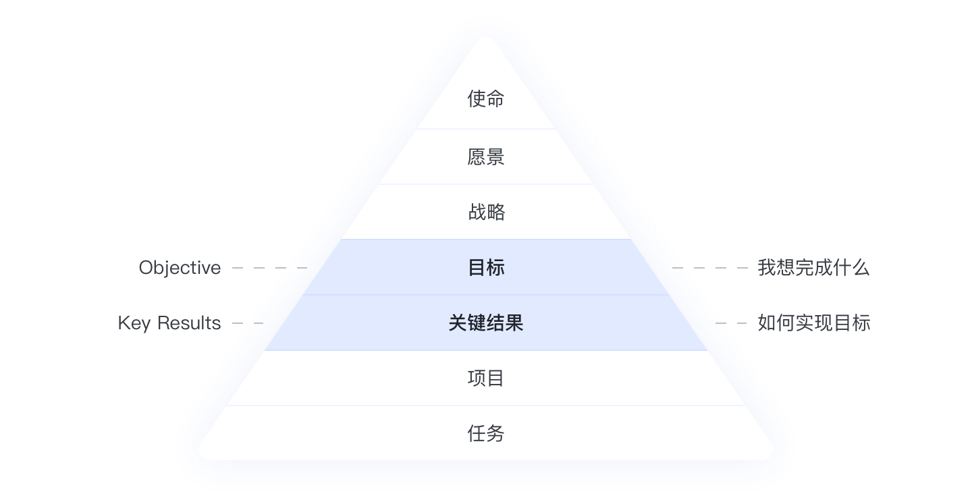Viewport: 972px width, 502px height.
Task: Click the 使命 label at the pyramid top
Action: [x=485, y=99]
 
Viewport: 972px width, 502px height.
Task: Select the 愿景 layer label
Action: [x=485, y=157]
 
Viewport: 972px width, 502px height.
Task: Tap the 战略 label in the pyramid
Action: [x=487, y=212]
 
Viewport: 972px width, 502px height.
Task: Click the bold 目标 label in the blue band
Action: [x=486, y=267]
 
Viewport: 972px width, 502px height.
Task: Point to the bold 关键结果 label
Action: [x=485, y=323]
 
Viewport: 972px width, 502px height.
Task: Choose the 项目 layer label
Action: [x=485, y=378]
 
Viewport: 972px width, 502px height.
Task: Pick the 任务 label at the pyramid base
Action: [x=485, y=433]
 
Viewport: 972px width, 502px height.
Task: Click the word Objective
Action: [x=180, y=268]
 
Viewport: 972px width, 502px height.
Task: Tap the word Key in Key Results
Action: [x=134, y=323]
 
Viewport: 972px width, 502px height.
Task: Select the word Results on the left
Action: [x=189, y=323]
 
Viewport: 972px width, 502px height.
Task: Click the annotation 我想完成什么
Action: [x=813, y=267]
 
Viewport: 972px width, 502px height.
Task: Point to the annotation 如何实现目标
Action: [x=814, y=323]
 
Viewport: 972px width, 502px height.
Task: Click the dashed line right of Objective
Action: [x=269, y=268]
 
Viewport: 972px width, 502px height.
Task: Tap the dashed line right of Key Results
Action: [x=248, y=323]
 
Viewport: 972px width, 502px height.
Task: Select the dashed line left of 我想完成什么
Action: [x=710, y=268]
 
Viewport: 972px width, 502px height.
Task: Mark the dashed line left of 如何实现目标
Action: [x=731, y=323]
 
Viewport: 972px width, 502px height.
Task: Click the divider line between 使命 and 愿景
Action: [x=486, y=129]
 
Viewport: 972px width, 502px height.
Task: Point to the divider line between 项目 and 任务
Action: [x=486, y=406]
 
